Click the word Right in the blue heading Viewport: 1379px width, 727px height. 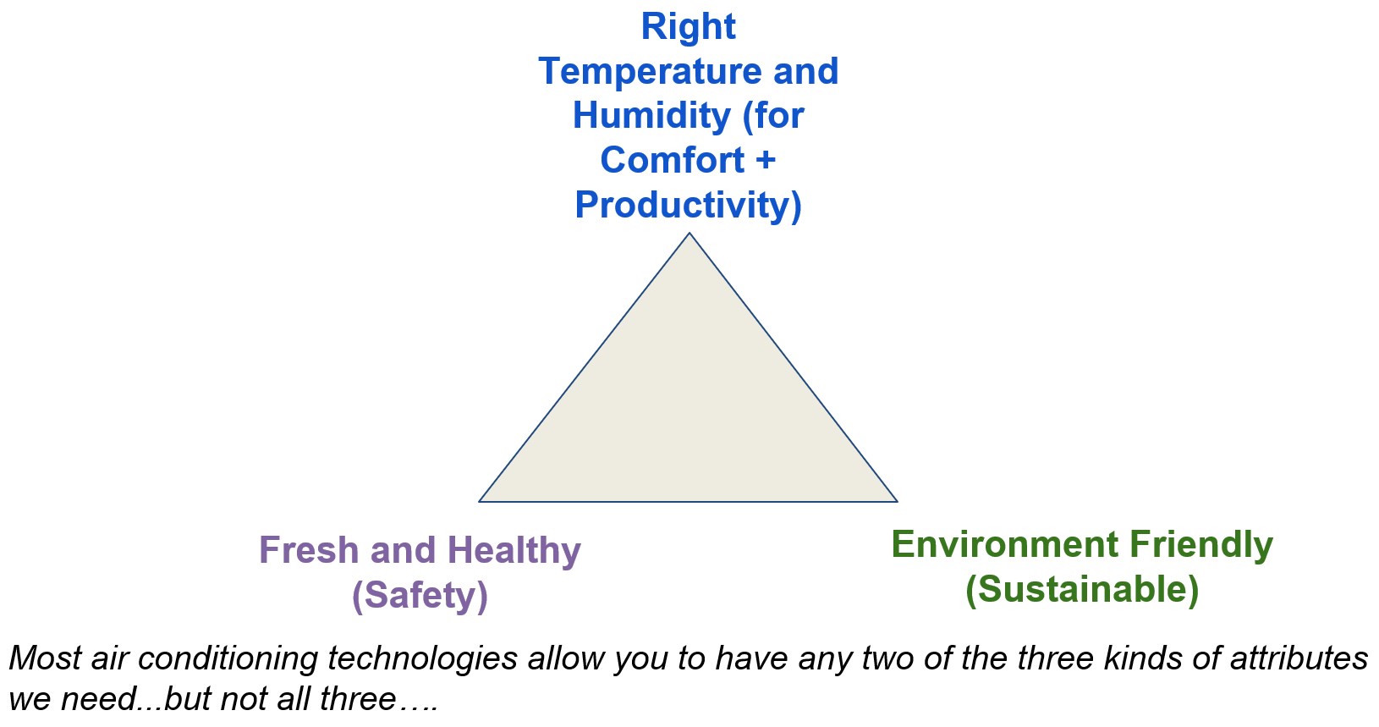(x=688, y=26)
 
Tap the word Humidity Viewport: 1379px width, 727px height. (x=651, y=116)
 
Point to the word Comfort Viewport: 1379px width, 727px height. (x=673, y=160)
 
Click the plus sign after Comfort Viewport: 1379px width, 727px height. (x=766, y=161)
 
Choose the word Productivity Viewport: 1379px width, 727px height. (x=688, y=205)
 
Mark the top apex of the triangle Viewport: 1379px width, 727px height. (x=689, y=234)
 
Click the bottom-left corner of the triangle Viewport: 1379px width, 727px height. (x=481, y=501)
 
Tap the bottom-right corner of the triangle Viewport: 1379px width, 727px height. (x=896, y=501)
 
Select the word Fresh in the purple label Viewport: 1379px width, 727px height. (x=309, y=550)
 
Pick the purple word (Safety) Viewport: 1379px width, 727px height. (x=420, y=595)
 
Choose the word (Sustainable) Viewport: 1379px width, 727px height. (x=1082, y=589)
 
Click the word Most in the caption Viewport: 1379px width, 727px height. (x=45, y=658)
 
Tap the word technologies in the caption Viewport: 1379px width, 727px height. (x=422, y=658)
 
